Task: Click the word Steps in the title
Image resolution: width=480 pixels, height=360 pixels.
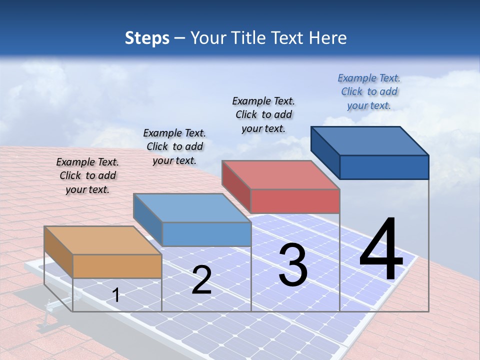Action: pyautogui.click(x=147, y=38)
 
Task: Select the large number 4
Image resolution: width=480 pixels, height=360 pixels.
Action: pyautogui.click(x=381, y=249)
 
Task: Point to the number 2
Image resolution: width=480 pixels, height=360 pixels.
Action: pyautogui.click(x=201, y=279)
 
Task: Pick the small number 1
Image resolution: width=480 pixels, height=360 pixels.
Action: pyautogui.click(x=116, y=295)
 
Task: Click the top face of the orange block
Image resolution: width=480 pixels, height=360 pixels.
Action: pyautogui.click(x=103, y=240)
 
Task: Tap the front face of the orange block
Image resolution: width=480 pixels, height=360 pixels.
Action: pyautogui.click(x=117, y=266)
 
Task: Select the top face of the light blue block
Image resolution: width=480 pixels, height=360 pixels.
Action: pyautogui.click(x=192, y=207)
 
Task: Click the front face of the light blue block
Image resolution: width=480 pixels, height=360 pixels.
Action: pyautogui.click(x=206, y=234)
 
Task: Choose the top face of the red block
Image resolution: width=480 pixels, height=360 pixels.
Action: pyautogui.click(x=280, y=174)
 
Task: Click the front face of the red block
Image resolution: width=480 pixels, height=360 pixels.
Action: pyautogui.click(x=295, y=201)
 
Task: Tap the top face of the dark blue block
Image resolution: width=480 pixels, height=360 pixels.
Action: pyautogui.click(x=370, y=140)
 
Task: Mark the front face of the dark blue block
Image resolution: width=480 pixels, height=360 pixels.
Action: pyautogui.click(x=384, y=167)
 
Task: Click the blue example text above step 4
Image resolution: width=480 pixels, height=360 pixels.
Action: pyautogui.click(x=369, y=91)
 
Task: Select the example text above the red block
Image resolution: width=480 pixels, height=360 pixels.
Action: pyautogui.click(x=263, y=114)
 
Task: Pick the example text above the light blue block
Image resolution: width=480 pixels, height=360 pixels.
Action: pyautogui.click(x=174, y=146)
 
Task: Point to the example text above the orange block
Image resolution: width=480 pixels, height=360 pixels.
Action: pyautogui.click(x=87, y=175)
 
